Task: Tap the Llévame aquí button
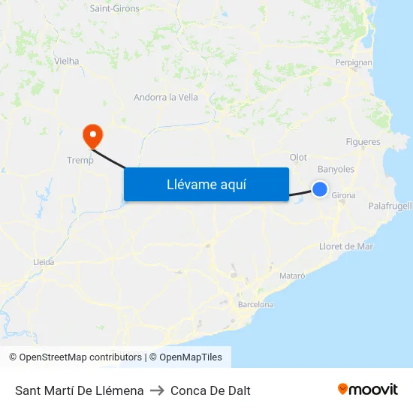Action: pyautogui.click(x=206, y=184)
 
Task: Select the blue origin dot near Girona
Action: pyautogui.click(x=320, y=189)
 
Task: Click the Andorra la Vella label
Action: pyautogui.click(x=165, y=97)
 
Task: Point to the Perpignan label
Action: pyautogui.click(x=354, y=62)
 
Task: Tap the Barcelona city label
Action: pyautogui.click(x=255, y=304)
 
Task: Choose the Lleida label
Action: pyautogui.click(x=44, y=262)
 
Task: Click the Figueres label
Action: pyautogui.click(x=363, y=142)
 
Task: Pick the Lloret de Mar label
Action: pyautogui.click(x=345, y=246)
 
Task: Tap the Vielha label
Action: pyautogui.click(x=66, y=61)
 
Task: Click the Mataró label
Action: pyautogui.click(x=292, y=276)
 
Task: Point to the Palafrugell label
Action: pyautogui.click(x=390, y=206)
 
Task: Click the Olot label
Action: pyautogui.click(x=298, y=158)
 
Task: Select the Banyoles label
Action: pyautogui.click(x=336, y=169)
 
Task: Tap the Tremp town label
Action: pyautogui.click(x=80, y=160)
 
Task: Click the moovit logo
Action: pyautogui.click(x=367, y=390)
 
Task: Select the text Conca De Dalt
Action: pyautogui.click(x=210, y=390)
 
